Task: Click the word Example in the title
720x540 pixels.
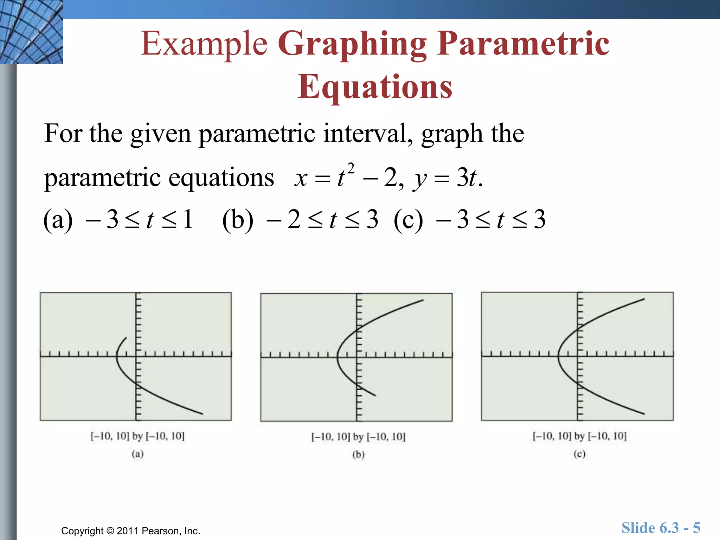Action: tap(204, 44)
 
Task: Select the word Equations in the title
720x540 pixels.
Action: tap(375, 86)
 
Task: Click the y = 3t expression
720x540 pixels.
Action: tap(446, 178)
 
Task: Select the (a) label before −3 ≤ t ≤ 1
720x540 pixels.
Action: tap(58, 219)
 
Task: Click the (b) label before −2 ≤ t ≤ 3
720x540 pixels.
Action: tap(238, 219)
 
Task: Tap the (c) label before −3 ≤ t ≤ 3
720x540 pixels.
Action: tap(408, 219)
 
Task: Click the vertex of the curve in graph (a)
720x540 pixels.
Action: tap(117, 356)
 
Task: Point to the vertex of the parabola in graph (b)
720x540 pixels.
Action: tap(337, 356)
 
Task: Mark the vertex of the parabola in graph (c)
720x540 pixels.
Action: tap(558, 356)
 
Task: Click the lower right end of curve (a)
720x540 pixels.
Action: tap(202, 414)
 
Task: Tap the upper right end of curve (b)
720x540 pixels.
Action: tap(423, 300)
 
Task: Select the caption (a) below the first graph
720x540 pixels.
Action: tap(137, 454)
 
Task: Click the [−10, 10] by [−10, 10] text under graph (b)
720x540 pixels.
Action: tap(358, 437)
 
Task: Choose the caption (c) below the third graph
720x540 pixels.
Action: tap(579, 454)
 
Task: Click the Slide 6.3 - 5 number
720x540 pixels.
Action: tap(661, 528)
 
